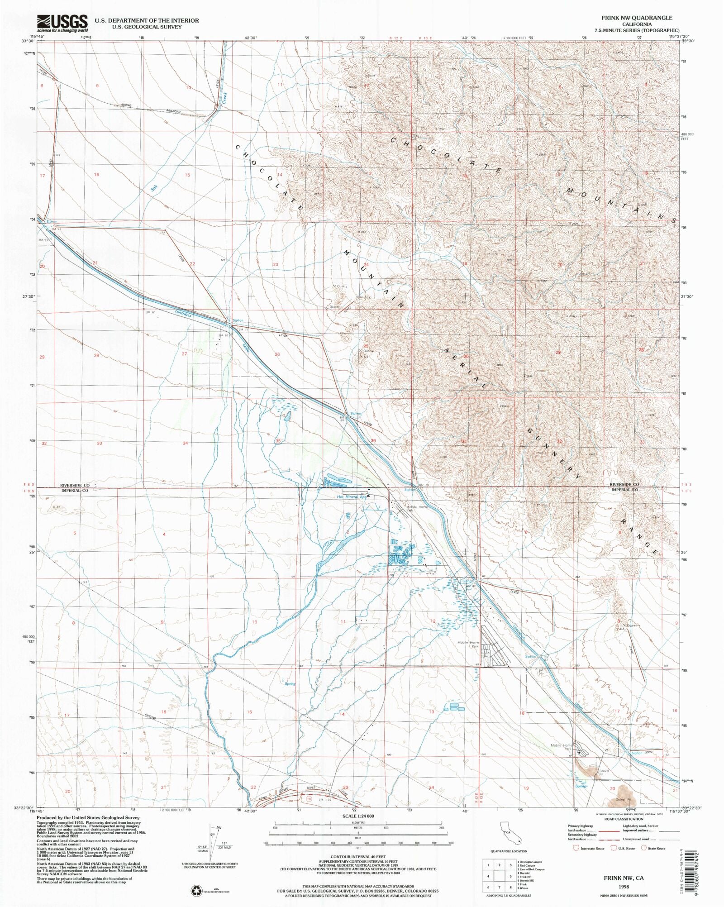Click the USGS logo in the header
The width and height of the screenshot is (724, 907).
62,23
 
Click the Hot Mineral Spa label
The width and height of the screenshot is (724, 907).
352,496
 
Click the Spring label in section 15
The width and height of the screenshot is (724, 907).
290,684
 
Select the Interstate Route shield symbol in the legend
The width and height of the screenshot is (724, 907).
576,848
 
